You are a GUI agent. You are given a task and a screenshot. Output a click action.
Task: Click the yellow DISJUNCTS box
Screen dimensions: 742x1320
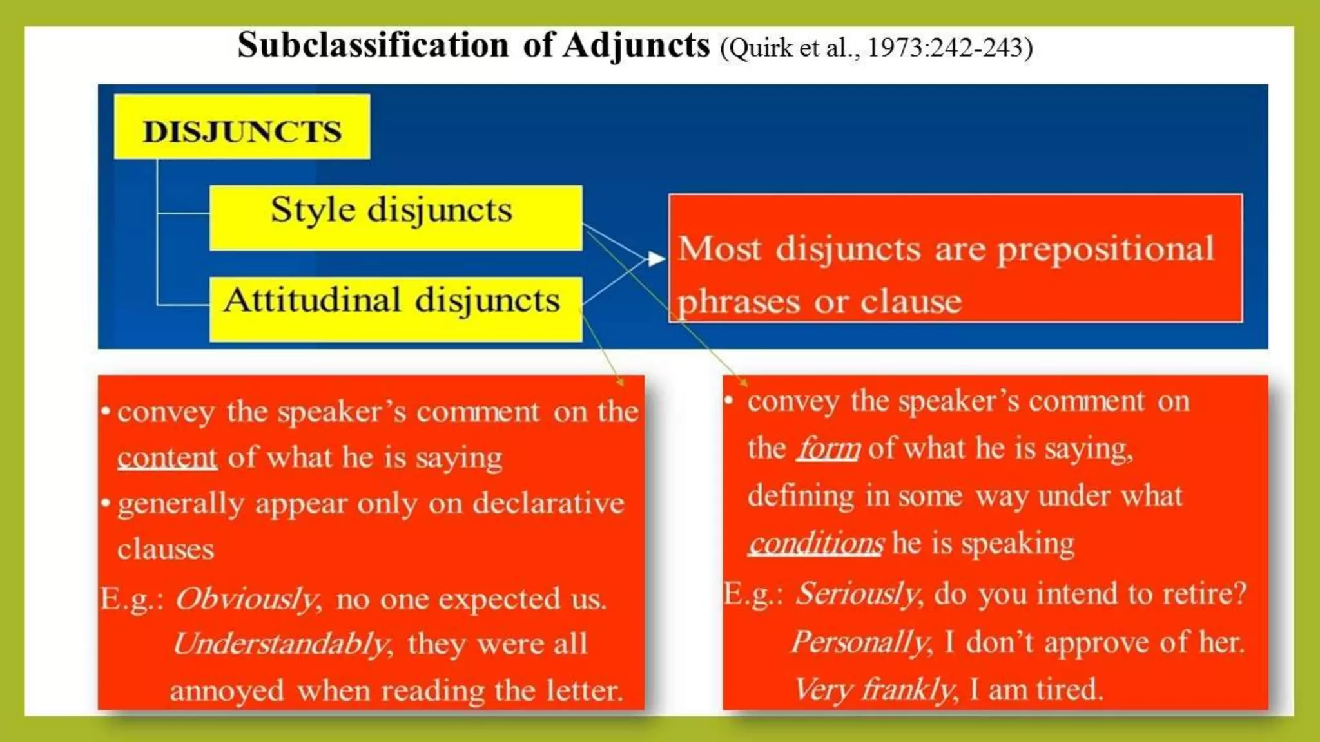242,127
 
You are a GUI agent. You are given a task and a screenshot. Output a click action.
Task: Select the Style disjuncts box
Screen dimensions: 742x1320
395,218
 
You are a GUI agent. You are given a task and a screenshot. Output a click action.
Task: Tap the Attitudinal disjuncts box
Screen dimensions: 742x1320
395,309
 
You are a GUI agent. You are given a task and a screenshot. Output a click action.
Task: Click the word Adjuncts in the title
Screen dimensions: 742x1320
636,46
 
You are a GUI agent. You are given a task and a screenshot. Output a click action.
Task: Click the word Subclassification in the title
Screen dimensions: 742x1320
373,45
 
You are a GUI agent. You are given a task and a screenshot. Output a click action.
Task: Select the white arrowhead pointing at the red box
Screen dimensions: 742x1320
656,259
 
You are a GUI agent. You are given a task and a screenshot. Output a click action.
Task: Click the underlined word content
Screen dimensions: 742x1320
167,457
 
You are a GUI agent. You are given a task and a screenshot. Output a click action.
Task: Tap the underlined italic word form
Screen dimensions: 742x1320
828,448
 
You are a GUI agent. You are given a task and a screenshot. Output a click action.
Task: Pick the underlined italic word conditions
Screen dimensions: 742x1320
816,543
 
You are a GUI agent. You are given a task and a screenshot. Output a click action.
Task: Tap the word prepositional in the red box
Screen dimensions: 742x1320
1106,250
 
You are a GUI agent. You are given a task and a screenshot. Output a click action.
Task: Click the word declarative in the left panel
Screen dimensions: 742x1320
548,503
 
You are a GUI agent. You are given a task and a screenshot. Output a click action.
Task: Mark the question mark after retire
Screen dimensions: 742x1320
1239,593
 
